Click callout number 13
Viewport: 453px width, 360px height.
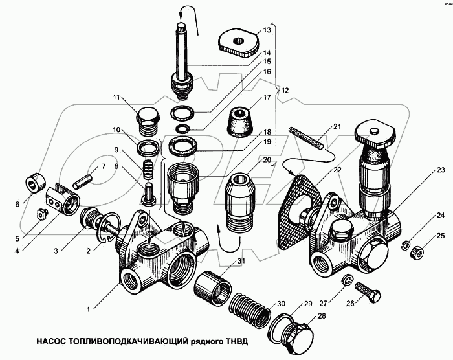click(267, 30)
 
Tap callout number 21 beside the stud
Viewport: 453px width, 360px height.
click(337, 126)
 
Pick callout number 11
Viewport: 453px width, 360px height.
click(117, 98)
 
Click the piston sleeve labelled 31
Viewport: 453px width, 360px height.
click(215, 284)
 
